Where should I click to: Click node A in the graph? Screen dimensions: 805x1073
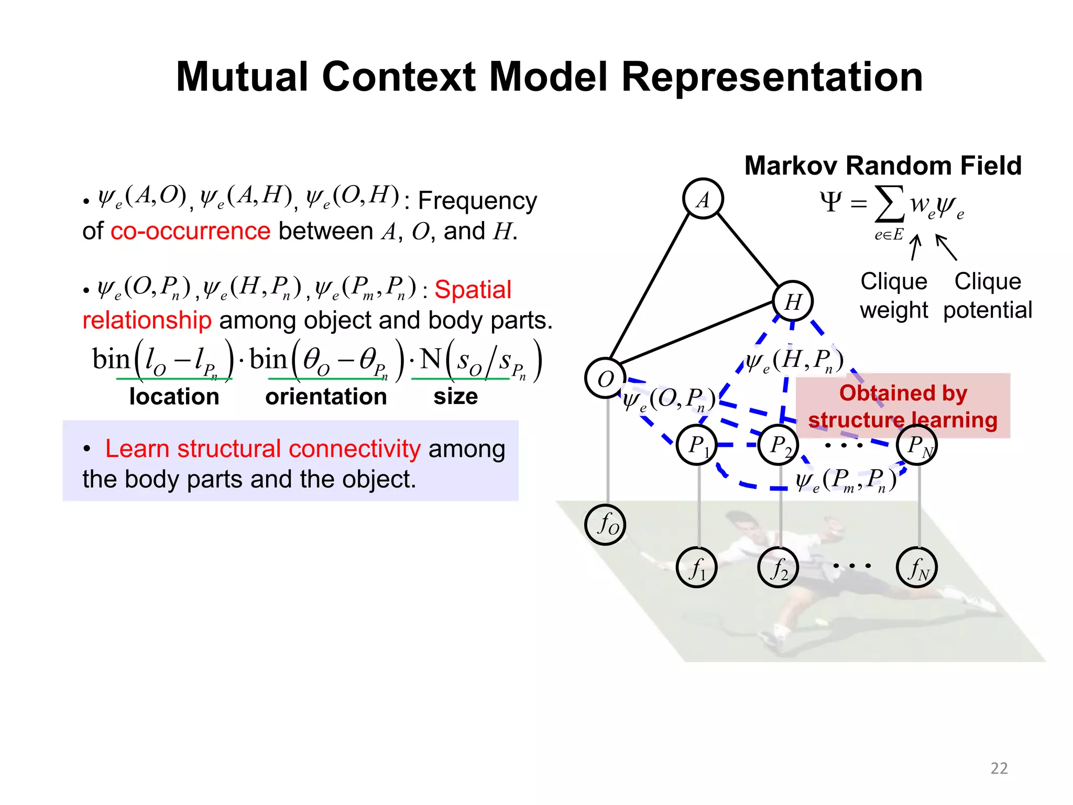(x=703, y=199)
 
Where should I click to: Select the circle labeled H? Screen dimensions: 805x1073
(x=793, y=301)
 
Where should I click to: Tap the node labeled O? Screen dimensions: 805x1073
(x=605, y=378)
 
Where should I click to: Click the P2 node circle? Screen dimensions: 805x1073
(x=779, y=445)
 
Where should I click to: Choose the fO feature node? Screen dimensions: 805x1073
(x=605, y=525)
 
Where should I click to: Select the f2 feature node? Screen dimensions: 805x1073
(x=779, y=568)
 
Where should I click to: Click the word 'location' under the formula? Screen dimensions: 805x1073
(x=174, y=397)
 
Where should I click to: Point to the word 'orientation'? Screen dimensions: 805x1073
(x=326, y=397)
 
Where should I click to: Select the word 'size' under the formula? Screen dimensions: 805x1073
(x=455, y=397)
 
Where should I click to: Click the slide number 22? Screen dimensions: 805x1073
(x=999, y=768)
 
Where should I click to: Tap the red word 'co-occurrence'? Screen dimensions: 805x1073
(x=191, y=231)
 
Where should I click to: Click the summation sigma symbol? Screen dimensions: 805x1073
(x=890, y=204)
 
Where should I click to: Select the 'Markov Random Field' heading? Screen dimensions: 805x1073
(x=883, y=166)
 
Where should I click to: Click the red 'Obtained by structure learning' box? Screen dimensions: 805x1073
(x=903, y=406)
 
